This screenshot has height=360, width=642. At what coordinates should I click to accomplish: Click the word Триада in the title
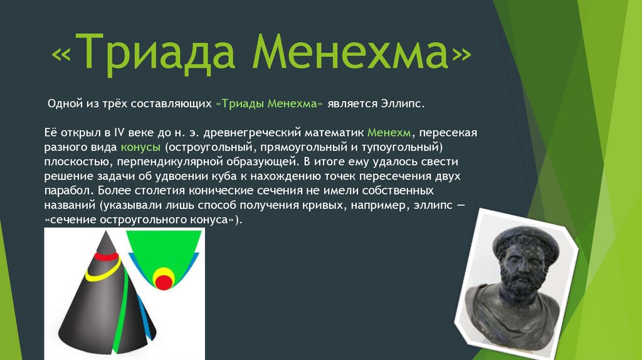tap(154, 52)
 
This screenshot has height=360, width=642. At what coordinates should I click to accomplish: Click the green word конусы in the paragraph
tap(140, 147)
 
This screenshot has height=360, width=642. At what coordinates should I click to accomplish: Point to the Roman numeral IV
tap(118, 133)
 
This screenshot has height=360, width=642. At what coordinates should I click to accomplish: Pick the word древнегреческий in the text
tap(252, 133)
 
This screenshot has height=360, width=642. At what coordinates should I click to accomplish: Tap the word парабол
tap(69, 191)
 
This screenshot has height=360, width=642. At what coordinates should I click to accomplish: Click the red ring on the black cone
tap(107, 257)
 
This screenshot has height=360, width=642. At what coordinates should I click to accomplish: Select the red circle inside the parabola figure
tap(164, 283)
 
